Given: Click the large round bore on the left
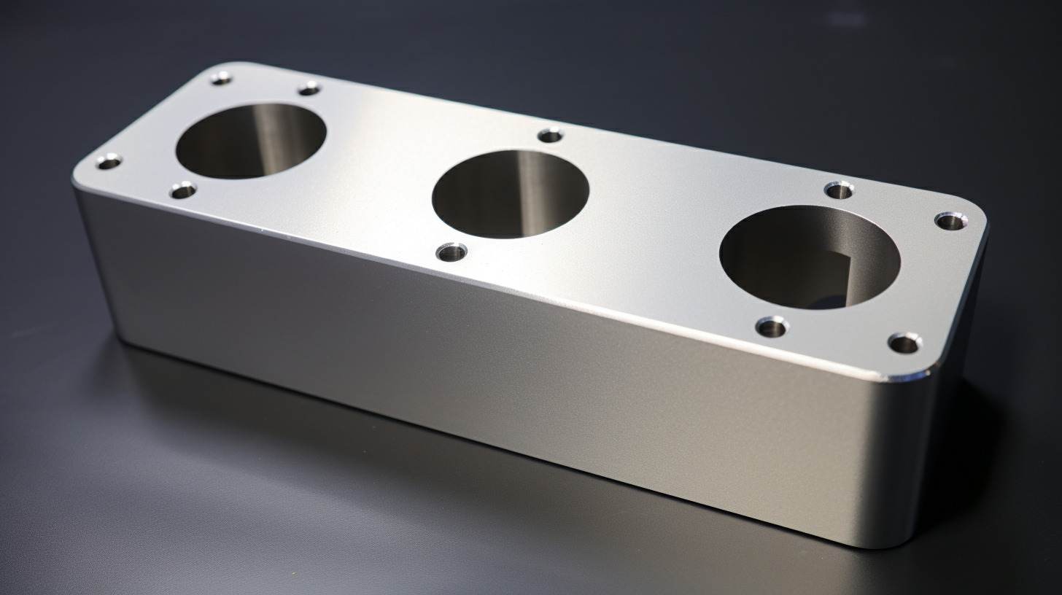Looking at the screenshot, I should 250,141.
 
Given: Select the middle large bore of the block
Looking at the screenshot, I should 510,193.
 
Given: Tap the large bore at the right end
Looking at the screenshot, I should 809,257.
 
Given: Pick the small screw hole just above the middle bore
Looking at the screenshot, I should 550,135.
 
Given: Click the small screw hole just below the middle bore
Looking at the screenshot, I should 451,252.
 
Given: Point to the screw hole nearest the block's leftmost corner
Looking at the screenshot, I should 109,162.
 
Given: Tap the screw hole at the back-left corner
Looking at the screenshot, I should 221,78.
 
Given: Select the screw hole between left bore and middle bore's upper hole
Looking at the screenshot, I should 309,88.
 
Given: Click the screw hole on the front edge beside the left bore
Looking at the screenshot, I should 183,190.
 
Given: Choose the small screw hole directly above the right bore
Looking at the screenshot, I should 839,190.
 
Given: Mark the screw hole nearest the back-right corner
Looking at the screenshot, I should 949,219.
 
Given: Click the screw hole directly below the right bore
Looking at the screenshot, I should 772,326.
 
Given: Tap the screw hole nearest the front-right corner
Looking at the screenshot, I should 904,342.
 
